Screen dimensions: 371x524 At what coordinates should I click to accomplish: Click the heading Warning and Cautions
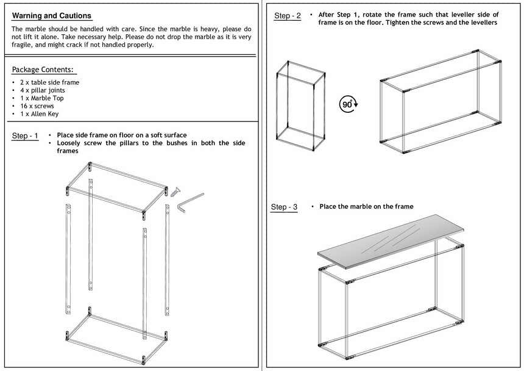[x=52, y=16]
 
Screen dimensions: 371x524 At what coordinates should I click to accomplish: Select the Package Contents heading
[x=43, y=70]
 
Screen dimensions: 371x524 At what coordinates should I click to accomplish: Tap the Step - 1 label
[x=25, y=136]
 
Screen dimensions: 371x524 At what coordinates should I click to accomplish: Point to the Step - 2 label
[x=287, y=16]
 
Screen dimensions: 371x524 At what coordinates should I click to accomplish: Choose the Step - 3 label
[x=284, y=207]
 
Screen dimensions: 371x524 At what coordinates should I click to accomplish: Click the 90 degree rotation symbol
[x=349, y=104]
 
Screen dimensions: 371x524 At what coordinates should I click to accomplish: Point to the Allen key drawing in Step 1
[x=189, y=203]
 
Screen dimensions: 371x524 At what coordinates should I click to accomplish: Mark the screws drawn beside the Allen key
[x=176, y=191]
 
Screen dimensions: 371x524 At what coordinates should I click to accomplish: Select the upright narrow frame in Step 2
[x=299, y=105]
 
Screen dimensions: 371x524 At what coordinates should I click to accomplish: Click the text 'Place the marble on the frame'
[x=366, y=207]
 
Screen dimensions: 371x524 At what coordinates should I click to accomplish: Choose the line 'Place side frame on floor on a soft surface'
[x=122, y=135]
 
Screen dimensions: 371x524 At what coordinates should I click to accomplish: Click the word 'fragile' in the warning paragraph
[x=23, y=45]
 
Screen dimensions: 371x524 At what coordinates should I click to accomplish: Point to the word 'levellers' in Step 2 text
[x=481, y=23]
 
